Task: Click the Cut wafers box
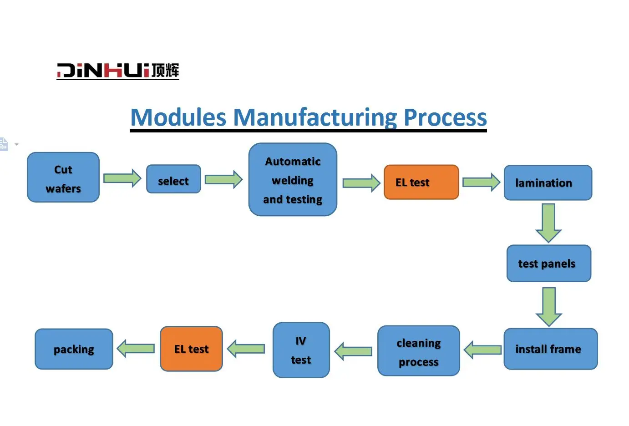[63, 177]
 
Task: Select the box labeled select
[173, 179]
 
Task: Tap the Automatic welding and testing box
[293, 180]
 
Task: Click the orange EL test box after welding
[421, 182]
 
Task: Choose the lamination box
[548, 183]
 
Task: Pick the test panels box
[548, 264]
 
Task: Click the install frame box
[550, 349]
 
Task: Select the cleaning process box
[418, 351]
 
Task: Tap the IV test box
[301, 350]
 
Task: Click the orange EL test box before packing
[191, 349]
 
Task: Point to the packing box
[74, 349]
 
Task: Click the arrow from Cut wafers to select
[122, 178]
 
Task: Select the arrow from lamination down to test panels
[548, 223]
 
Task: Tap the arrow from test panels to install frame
[549, 306]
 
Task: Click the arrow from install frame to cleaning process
[482, 350]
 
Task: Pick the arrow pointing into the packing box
[136, 349]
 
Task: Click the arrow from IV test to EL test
[246, 349]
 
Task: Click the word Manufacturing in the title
[315, 117]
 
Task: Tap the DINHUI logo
[118, 71]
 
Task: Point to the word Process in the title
[445, 117]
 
